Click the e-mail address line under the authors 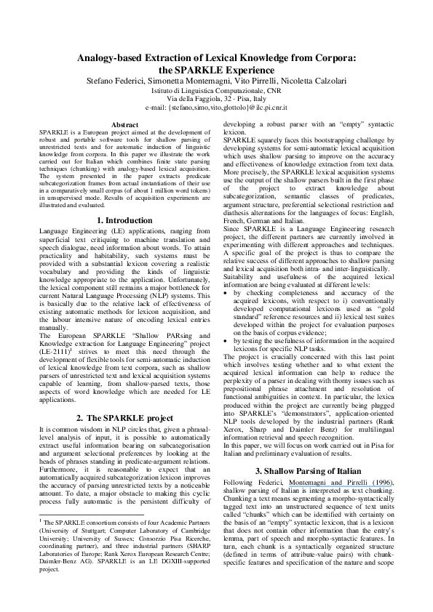216,107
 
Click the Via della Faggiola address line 216,98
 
